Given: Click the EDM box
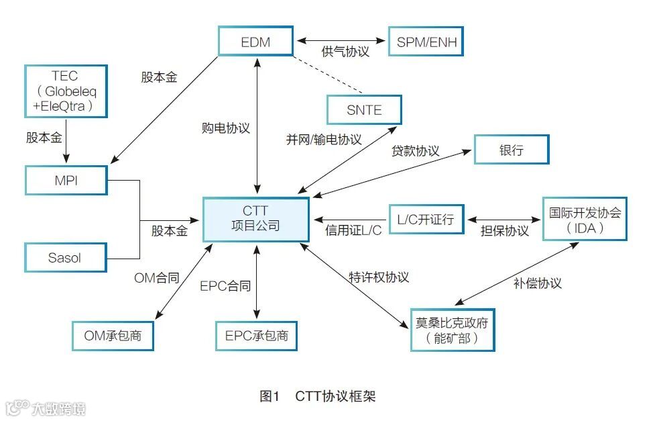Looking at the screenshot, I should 255,42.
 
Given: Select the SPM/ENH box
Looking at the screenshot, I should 426,42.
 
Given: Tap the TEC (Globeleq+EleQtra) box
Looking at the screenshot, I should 65,90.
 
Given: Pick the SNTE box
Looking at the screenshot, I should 364,109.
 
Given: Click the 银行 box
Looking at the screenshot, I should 511,150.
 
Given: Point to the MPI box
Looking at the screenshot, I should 66,179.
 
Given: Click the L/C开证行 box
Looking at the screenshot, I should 426,219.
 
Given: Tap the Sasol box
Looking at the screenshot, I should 66,257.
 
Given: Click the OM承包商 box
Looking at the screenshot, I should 113,335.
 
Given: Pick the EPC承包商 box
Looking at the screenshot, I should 255,335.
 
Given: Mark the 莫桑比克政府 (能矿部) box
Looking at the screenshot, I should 452,330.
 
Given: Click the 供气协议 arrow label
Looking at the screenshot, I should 345,52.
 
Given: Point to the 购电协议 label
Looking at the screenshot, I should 226,128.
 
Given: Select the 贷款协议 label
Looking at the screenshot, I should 415,151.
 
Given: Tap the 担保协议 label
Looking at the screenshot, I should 505,231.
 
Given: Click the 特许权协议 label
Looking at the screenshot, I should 379,277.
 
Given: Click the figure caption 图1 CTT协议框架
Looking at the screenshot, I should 318,396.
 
